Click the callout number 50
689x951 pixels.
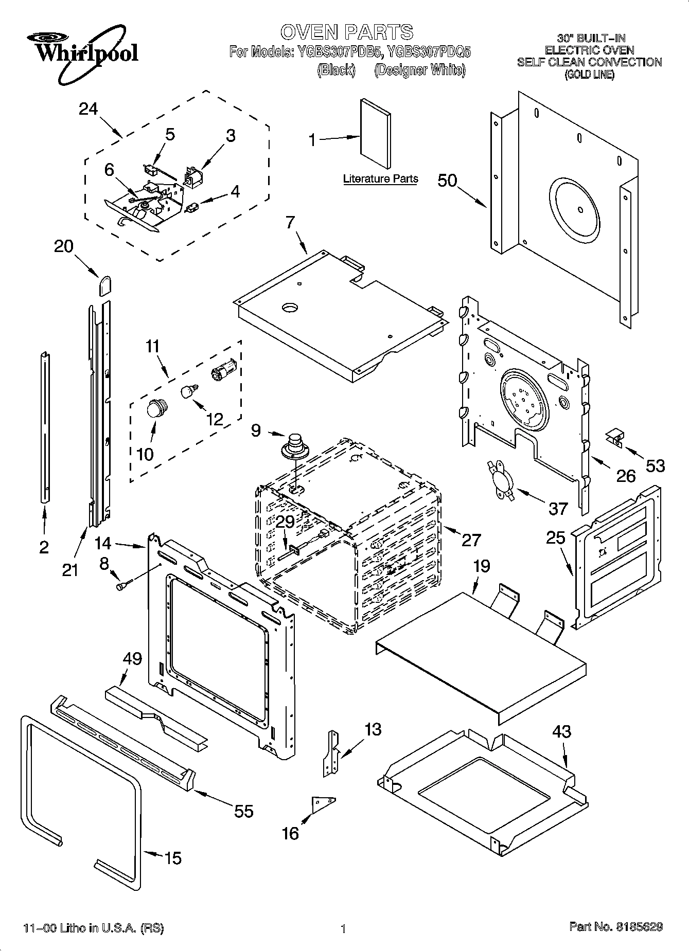click(x=447, y=181)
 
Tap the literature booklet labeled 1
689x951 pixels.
click(x=375, y=134)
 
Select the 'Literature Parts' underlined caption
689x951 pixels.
click(x=380, y=179)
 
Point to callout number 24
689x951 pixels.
click(x=88, y=109)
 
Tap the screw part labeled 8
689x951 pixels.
click(x=125, y=585)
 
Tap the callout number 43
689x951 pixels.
click(x=561, y=731)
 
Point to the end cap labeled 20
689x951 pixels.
click(x=105, y=285)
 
